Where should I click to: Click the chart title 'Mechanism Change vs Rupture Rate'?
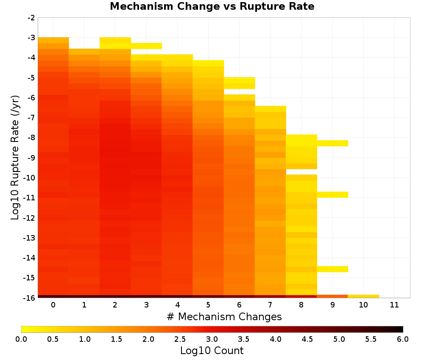point(212,6)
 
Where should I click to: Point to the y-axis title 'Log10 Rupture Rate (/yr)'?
point(15,158)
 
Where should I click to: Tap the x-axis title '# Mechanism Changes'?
point(224,316)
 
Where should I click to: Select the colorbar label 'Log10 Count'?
point(212,351)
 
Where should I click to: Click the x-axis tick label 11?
point(394,305)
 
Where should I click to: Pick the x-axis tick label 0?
point(53,305)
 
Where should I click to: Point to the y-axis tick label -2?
point(31,18)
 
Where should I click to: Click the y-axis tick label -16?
point(29,298)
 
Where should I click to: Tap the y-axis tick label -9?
point(31,158)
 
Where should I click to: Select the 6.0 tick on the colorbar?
point(403,339)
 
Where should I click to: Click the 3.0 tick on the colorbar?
point(212,339)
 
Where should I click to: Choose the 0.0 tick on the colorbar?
point(21,339)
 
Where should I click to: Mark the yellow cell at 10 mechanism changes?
point(363,296)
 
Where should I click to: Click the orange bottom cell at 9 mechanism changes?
point(332,296)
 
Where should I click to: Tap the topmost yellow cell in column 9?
point(332,143)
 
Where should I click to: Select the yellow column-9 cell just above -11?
point(332,194)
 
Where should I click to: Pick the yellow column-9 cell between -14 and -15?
point(332,269)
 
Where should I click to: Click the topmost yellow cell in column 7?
point(271,109)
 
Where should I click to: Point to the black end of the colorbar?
point(401,329)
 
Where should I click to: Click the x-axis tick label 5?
point(208,305)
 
